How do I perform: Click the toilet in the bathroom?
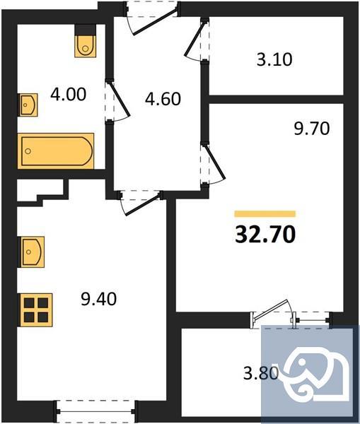[x=85, y=44]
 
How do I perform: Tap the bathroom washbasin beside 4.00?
[x=28, y=105]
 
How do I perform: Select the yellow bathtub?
[x=56, y=151]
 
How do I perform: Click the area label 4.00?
[x=68, y=94]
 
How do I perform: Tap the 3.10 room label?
[x=274, y=59]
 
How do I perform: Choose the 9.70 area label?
[x=312, y=129]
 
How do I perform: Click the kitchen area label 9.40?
[x=97, y=299]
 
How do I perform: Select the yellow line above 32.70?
[x=265, y=213]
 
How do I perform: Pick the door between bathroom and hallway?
[x=116, y=99]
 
